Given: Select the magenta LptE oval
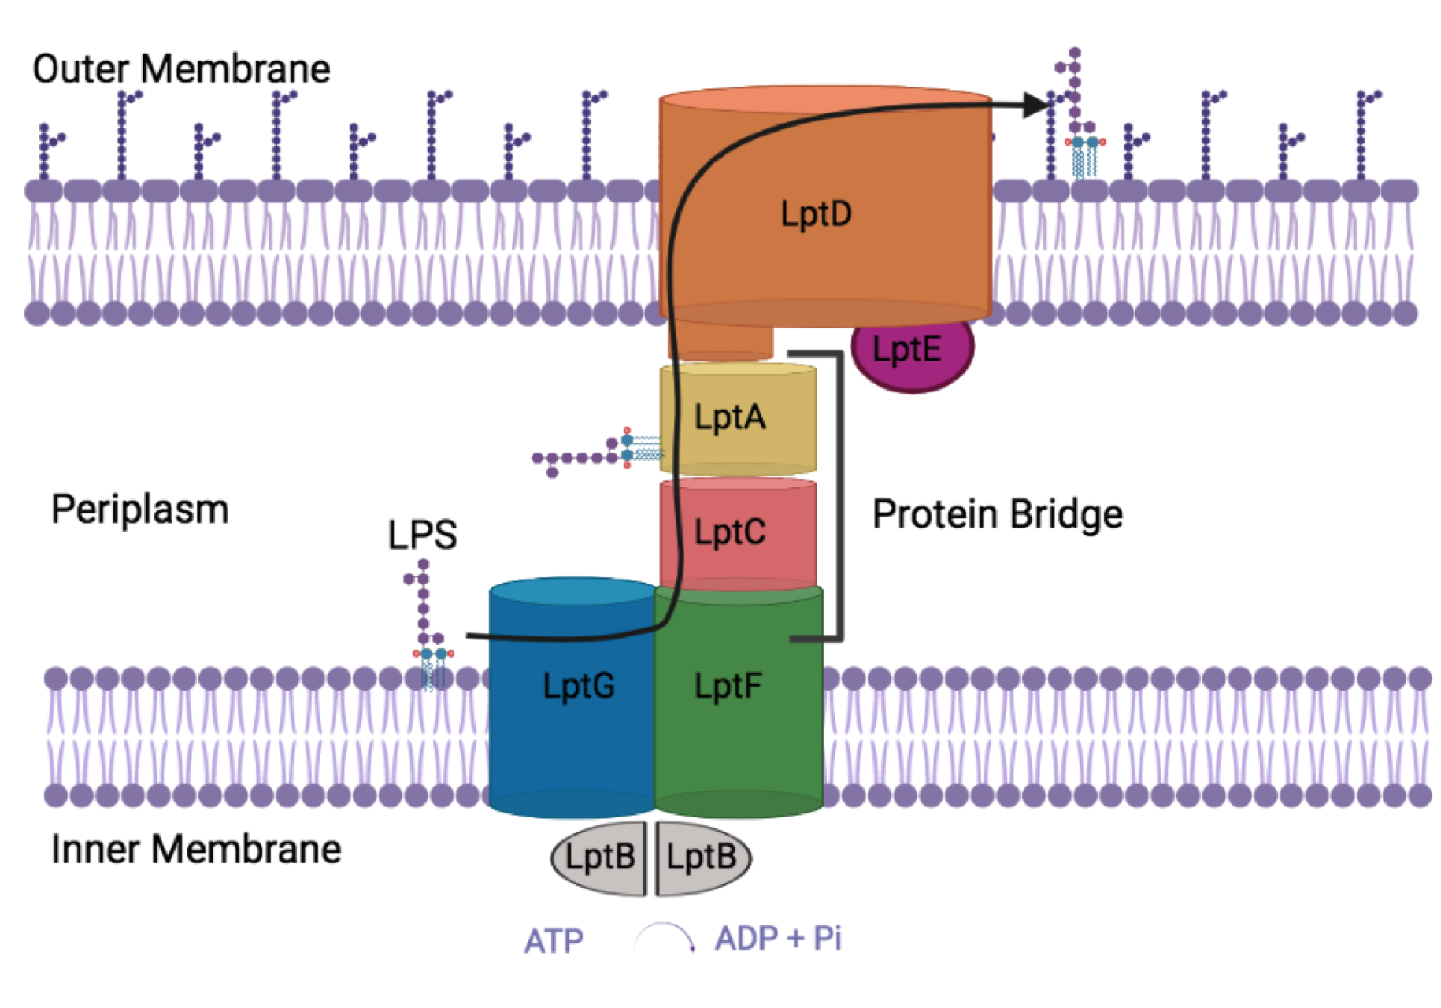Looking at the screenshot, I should point(912,350).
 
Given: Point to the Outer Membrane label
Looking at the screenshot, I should point(181,69).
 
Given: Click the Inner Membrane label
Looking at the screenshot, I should point(196,849).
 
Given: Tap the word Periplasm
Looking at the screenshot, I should point(140,510).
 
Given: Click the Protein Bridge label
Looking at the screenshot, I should point(997,514).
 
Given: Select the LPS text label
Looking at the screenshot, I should point(422,535).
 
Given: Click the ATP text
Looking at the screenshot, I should point(554,941).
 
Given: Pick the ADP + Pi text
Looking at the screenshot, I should point(778,938).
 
